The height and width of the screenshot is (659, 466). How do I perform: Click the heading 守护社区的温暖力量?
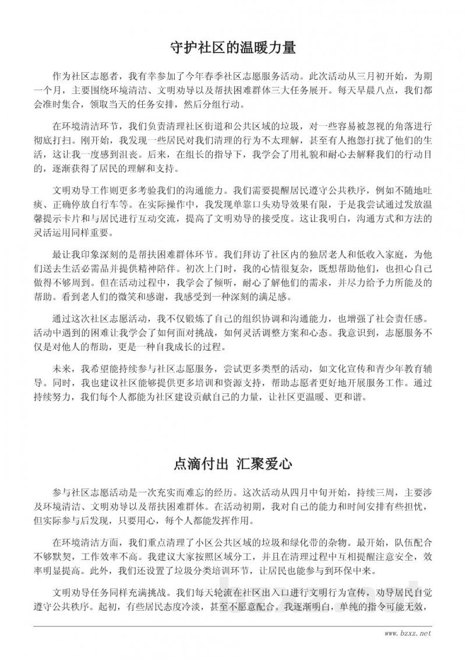pyautogui.click(x=233, y=47)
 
